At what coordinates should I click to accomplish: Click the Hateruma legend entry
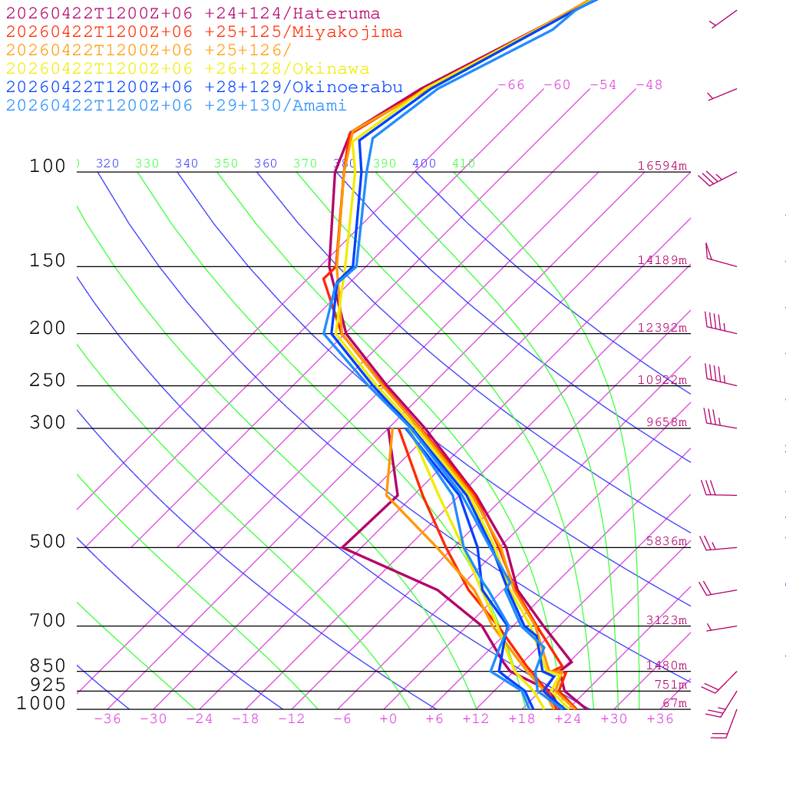pos(193,14)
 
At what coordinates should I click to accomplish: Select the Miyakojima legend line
pos(204,32)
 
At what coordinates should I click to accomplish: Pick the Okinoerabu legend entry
pos(204,88)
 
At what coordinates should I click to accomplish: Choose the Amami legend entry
pos(177,106)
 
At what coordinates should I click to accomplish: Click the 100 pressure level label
pos(48,167)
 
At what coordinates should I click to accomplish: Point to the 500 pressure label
pos(48,542)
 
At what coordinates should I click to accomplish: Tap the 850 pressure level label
pos(48,666)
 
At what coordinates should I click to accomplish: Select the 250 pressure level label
pos(48,381)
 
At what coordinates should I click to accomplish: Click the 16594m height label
pos(662,166)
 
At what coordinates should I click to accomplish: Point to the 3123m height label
pos(666,620)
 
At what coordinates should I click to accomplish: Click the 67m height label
pos(675,704)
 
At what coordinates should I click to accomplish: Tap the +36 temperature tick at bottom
pos(660,719)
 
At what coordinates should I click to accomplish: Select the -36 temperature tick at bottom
pos(107,719)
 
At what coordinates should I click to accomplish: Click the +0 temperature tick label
pos(388,719)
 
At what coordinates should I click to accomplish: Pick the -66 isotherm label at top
pos(511,85)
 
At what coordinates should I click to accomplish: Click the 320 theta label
pos(107,163)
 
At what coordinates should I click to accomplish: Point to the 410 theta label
pos(464,163)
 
